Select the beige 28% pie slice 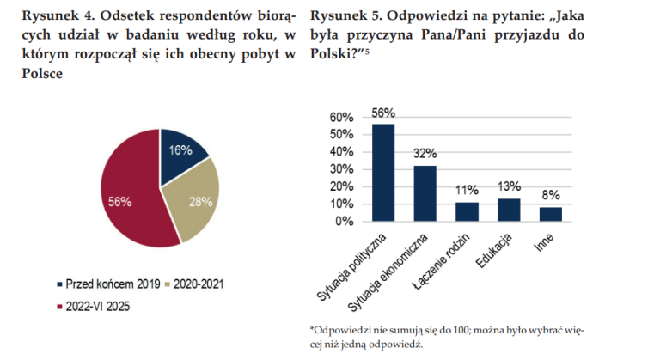[x=196, y=199]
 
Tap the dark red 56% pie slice [x=129, y=196]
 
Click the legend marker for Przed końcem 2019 [x=59, y=284]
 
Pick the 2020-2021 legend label [x=199, y=284]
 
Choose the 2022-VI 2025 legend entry [x=94, y=307]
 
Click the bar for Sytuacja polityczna [x=383, y=173]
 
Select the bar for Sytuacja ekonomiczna [x=425, y=193]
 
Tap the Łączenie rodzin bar [x=467, y=212]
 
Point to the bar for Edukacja [x=509, y=210]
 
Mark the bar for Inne [x=551, y=215]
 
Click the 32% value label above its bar [x=425, y=154]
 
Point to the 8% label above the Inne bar [x=551, y=195]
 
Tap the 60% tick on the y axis [x=341, y=117]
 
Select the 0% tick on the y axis [x=345, y=222]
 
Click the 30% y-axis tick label [x=341, y=169]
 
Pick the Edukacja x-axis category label [x=494, y=251]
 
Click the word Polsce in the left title [x=42, y=73]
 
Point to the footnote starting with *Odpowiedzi [x=447, y=338]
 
